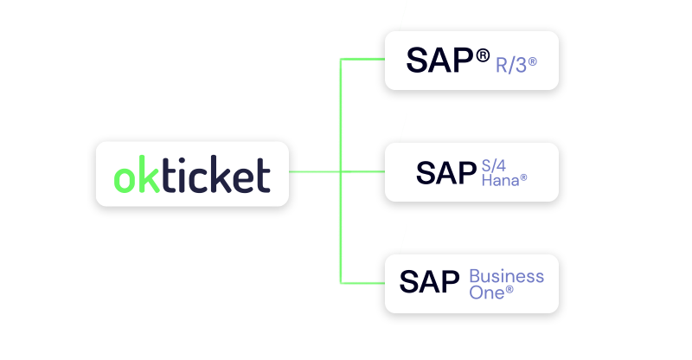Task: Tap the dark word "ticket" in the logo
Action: (x=213, y=175)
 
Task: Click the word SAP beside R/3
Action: (x=439, y=61)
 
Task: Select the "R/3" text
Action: (x=510, y=64)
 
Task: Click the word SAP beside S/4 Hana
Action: (x=446, y=172)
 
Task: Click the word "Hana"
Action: (x=499, y=180)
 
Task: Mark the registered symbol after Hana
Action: (x=523, y=177)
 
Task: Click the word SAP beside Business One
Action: (x=429, y=282)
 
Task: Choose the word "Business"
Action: (x=506, y=276)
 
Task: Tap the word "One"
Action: (x=486, y=292)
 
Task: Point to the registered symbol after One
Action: (x=509, y=290)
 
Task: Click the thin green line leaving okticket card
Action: (x=313, y=172)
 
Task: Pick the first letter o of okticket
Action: (x=125, y=178)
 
